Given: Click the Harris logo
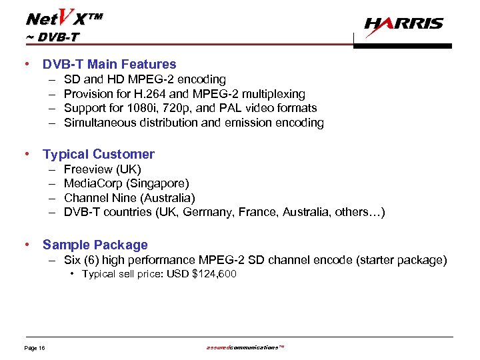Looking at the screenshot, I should click(x=403, y=25).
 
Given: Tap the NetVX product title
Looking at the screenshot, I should click(x=64, y=16).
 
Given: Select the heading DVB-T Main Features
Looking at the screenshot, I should click(x=109, y=65).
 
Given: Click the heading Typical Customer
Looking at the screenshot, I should click(x=99, y=154).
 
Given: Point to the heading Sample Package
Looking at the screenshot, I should click(x=95, y=245).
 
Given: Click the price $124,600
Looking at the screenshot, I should click(x=213, y=274).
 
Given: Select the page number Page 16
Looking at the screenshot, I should click(x=35, y=348).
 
